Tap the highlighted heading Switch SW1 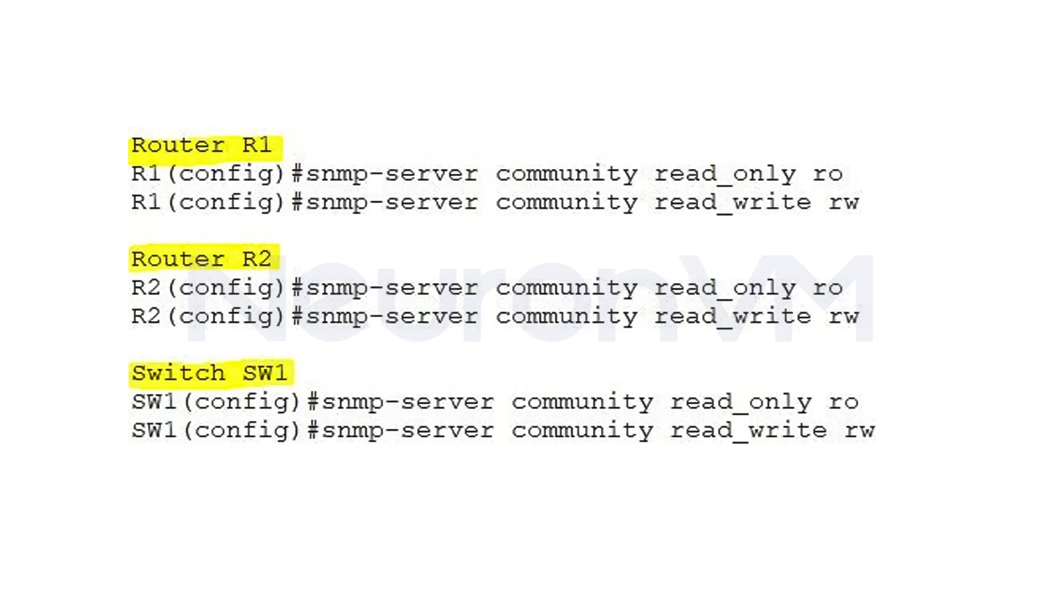point(209,373)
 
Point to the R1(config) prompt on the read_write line point(208,203)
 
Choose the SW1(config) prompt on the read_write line point(216,431)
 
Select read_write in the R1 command point(733,203)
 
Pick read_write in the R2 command point(733,317)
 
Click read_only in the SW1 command point(741,402)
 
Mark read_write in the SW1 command point(749,431)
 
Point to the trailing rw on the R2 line point(844,317)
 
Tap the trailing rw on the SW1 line point(860,431)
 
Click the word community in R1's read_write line point(566,203)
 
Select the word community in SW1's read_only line point(582,402)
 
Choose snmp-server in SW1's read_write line point(408,431)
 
